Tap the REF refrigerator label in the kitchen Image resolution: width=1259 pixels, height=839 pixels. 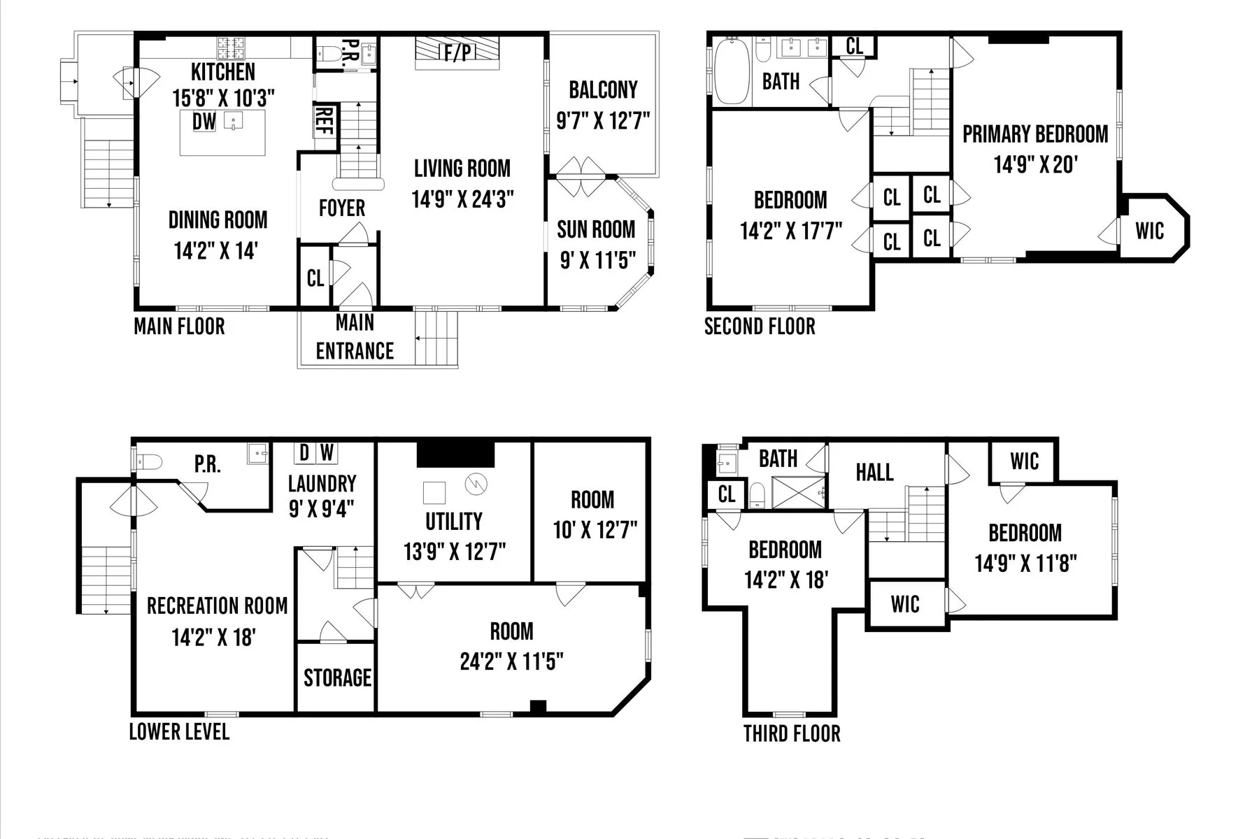pyautogui.click(x=324, y=123)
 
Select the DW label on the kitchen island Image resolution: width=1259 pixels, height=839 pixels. pyautogui.click(x=204, y=122)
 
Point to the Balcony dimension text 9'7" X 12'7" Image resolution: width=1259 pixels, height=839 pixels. pyautogui.click(x=603, y=121)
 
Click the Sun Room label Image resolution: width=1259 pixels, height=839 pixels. pyautogui.click(x=596, y=229)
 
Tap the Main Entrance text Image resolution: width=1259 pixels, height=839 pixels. pyautogui.click(x=355, y=337)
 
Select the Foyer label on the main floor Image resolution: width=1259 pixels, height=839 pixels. pyautogui.click(x=342, y=208)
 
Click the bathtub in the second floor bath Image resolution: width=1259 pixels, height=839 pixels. pyautogui.click(x=732, y=72)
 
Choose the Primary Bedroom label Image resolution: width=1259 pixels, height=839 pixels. pyautogui.click(x=1035, y=134)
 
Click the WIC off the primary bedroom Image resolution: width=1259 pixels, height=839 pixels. pyautogui.click(x=1150, y=231)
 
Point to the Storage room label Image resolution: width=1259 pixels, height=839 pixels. pyautogui.click(x=337, y=677)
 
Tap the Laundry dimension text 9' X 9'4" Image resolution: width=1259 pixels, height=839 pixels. pyautogui.click(x=322, y=508)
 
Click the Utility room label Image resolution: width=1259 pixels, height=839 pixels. pyautogui.click(x=454, y=522)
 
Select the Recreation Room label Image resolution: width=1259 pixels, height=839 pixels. pyautogui.click(x=217, y=605)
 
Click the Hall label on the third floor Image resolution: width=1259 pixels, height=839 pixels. pyautogui.click(x=874, y=472)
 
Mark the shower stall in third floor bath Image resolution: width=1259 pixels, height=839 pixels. pyautogui.click(x=798, y=492)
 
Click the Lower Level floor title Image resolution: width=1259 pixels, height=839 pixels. pyautogui.click(x=179, y=732)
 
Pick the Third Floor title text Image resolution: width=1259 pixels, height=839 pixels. pyautogui.click(x=791, y=733)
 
